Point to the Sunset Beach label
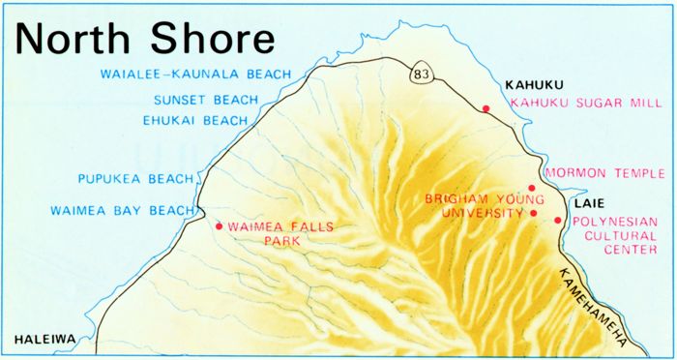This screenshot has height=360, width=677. click(206, 100)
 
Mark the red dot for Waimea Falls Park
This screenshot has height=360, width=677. click(220, 226)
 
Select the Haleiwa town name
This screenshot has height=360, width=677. click(44, 340)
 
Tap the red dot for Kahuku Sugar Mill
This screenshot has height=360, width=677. click(486, 108)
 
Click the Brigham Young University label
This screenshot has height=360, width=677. click(474, 205)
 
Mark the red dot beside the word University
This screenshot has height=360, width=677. click(534, 213)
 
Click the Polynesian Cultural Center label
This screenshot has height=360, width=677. click(615, 234)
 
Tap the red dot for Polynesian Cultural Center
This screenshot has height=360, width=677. click(558, 221)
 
